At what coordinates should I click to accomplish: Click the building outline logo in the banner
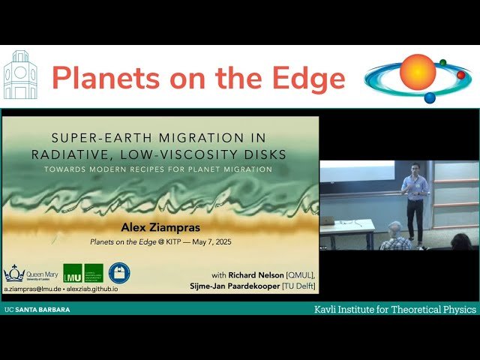pyautogui.click(x=19, y=76)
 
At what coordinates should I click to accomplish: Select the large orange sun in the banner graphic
pyautogui.click(x=417, y=72)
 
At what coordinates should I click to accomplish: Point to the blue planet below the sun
pyautogui.click(x=430, y=97)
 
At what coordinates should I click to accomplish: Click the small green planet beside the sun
pyautogui.click(x=443, y=63)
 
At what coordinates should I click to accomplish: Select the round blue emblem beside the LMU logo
pyautogui.click(x=118, y=273)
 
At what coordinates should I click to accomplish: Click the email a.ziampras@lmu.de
pyautogui.click(x=31, y=288)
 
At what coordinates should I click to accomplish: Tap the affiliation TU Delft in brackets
pyautogui.click(x=298, y=286)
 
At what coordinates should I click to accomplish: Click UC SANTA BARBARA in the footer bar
pyautogui.click(x=30, y=309)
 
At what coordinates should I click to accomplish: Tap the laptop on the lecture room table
pyautogui.click(x=328, y=220)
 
